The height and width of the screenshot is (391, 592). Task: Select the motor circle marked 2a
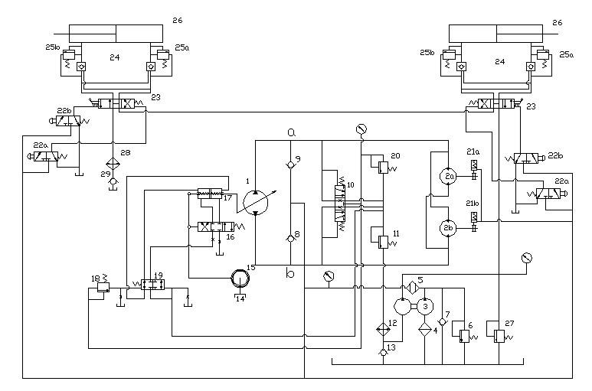(x=449, y=177)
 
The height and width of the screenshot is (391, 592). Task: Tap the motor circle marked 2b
(x=449, y=228)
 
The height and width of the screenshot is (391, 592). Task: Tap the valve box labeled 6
(x=463, y=335)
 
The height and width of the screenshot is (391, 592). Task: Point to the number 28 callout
(x=126, y=153)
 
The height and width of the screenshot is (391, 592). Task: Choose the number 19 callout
(x=158, y=274)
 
